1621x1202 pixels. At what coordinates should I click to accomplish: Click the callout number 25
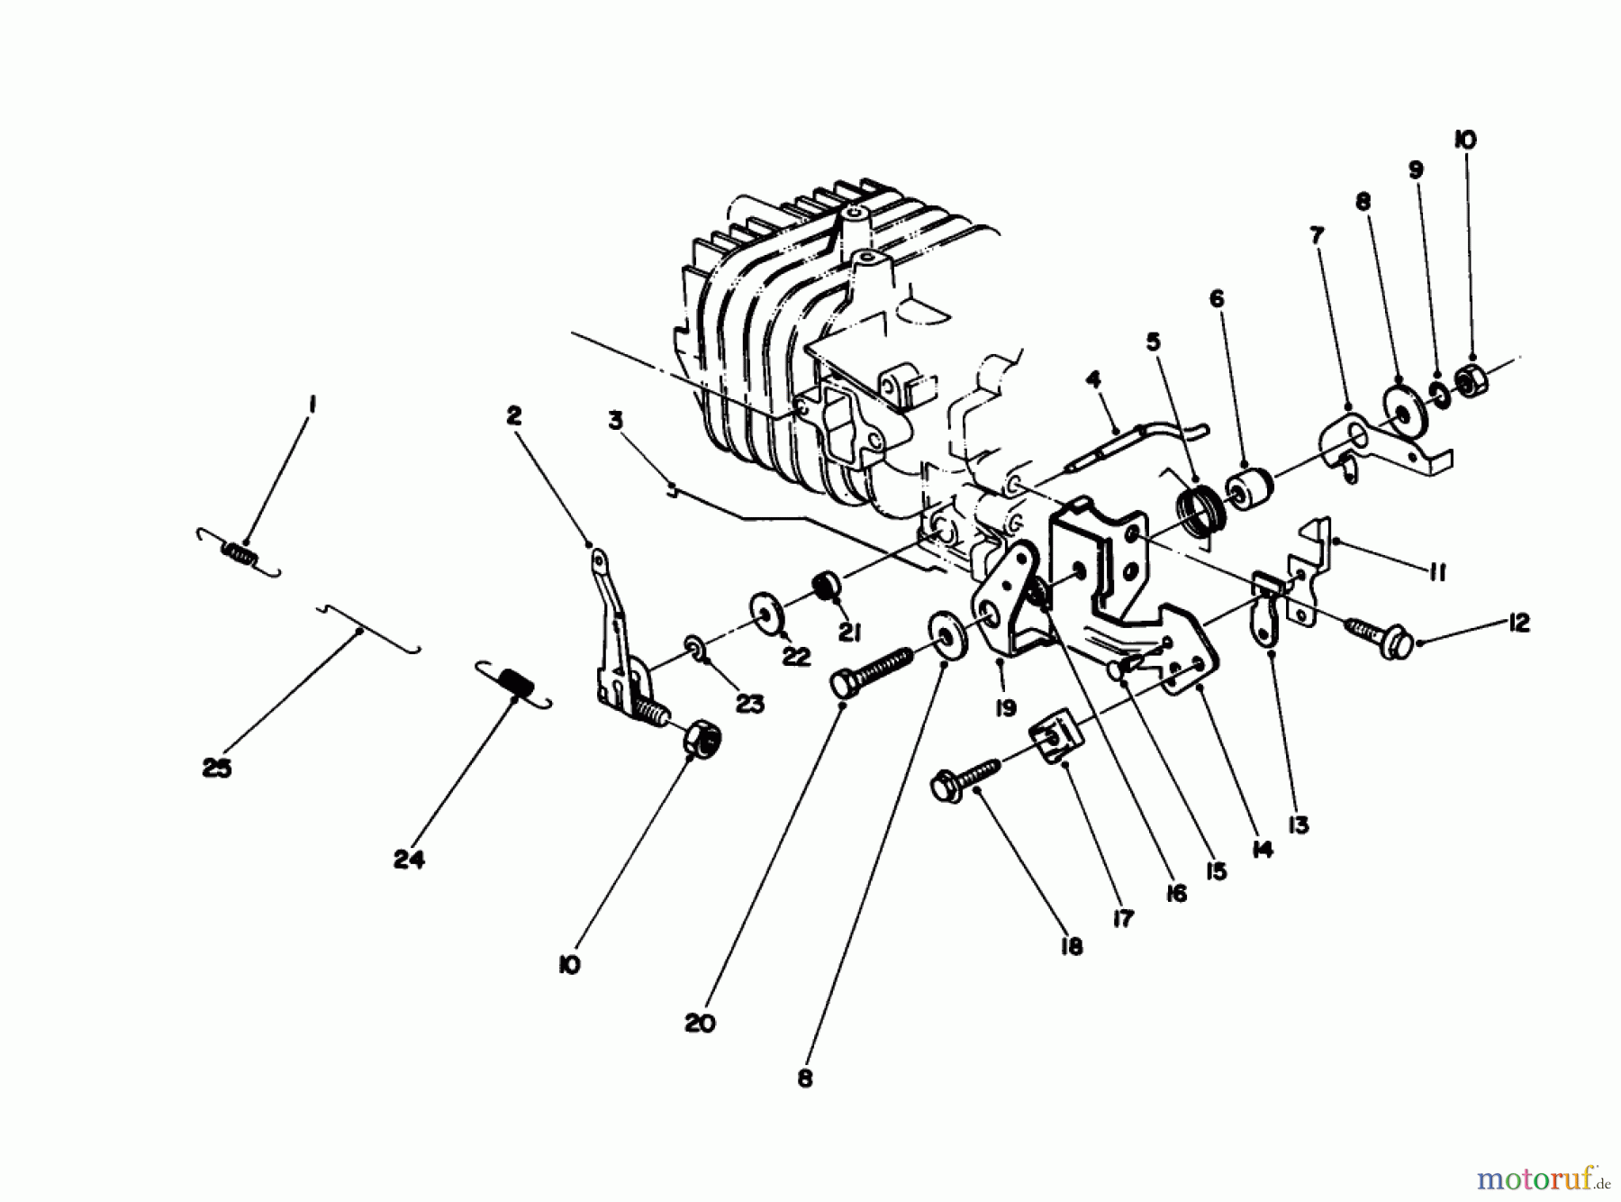(217, 769)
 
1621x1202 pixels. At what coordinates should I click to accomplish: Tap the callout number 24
(408, 860)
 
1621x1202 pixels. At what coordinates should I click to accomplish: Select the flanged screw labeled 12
(1375, 632)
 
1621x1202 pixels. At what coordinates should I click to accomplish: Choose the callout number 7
(1317, 237)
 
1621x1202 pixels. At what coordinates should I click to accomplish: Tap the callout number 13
(1298, 824)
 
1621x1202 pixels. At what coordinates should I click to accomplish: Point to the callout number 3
(615, 421)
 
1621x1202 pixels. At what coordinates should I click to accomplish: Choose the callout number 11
(1437, 572)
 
